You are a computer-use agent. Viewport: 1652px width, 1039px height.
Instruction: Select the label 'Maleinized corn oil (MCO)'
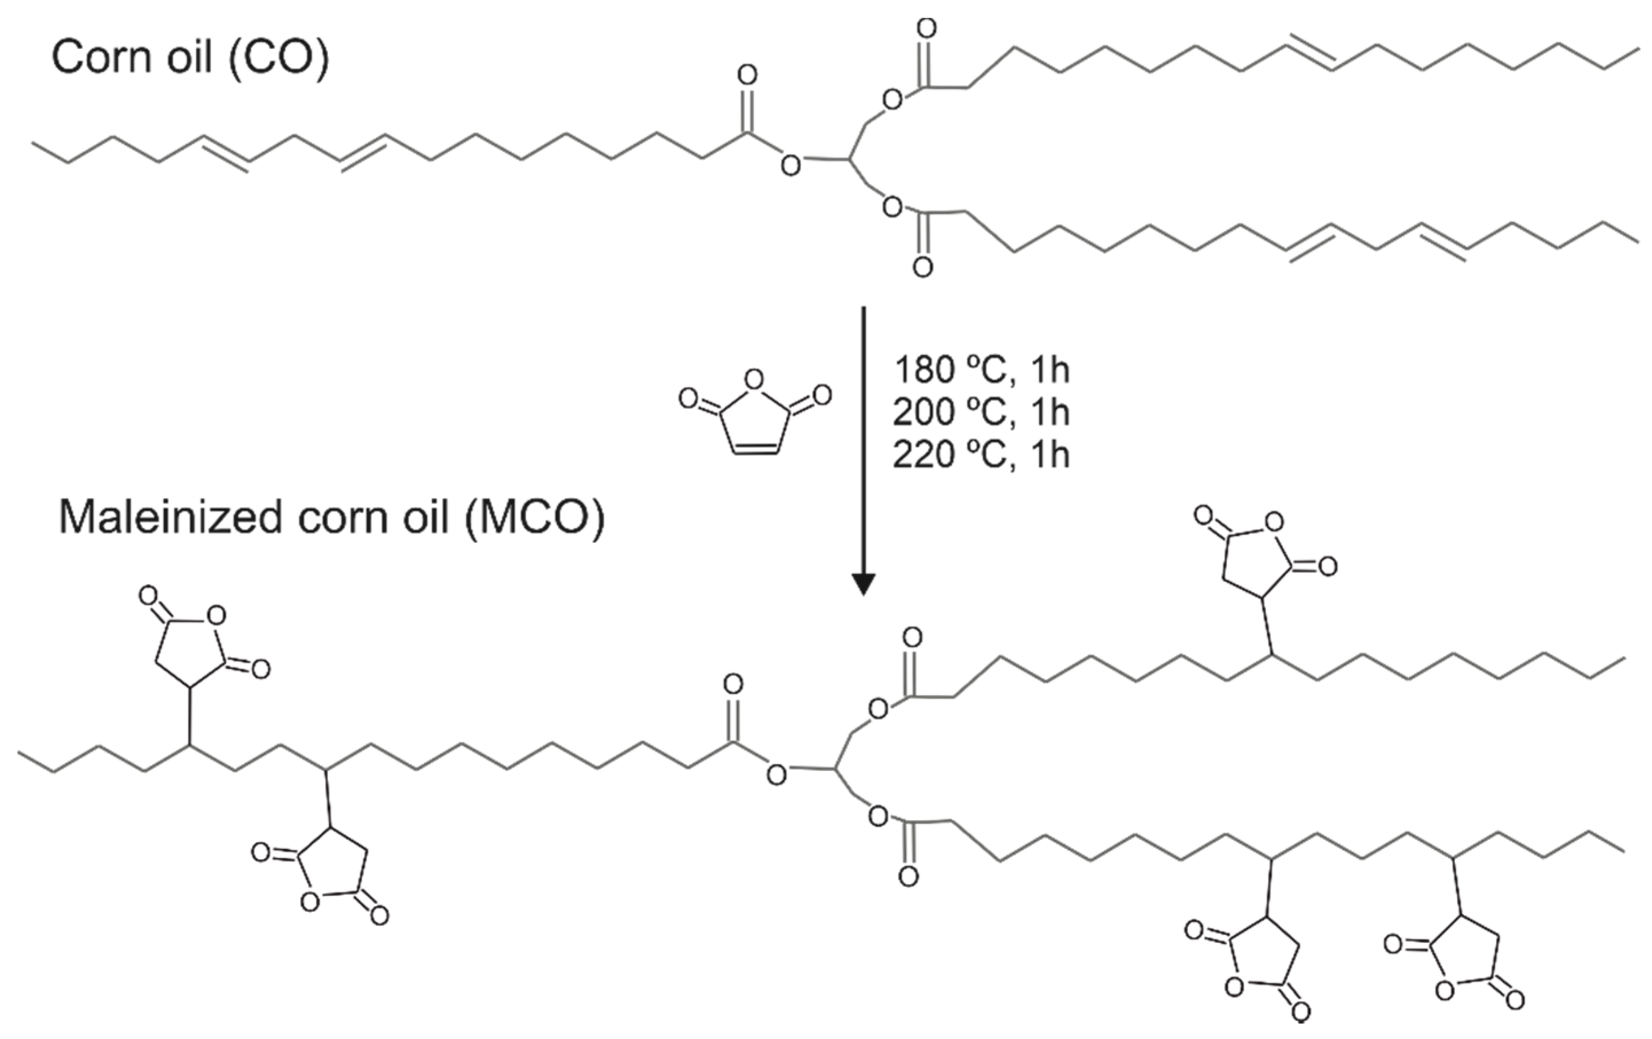(x=332, y=517)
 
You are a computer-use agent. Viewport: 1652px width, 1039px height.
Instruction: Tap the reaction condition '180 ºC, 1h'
(x=981, y=370)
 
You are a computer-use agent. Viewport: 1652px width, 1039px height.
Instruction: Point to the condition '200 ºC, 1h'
(x=981, y=412)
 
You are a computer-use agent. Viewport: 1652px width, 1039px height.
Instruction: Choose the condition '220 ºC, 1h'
(x=981, y=455)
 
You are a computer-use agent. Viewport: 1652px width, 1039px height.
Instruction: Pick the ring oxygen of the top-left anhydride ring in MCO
(x=216, y=616)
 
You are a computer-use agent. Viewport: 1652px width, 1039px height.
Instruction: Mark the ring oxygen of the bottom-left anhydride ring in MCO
(x=310, y=901)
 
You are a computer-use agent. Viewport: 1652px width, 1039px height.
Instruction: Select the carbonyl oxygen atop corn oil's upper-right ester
(x=926, y=28)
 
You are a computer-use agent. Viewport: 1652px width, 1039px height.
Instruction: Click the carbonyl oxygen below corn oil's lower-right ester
(x=922, y=267)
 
